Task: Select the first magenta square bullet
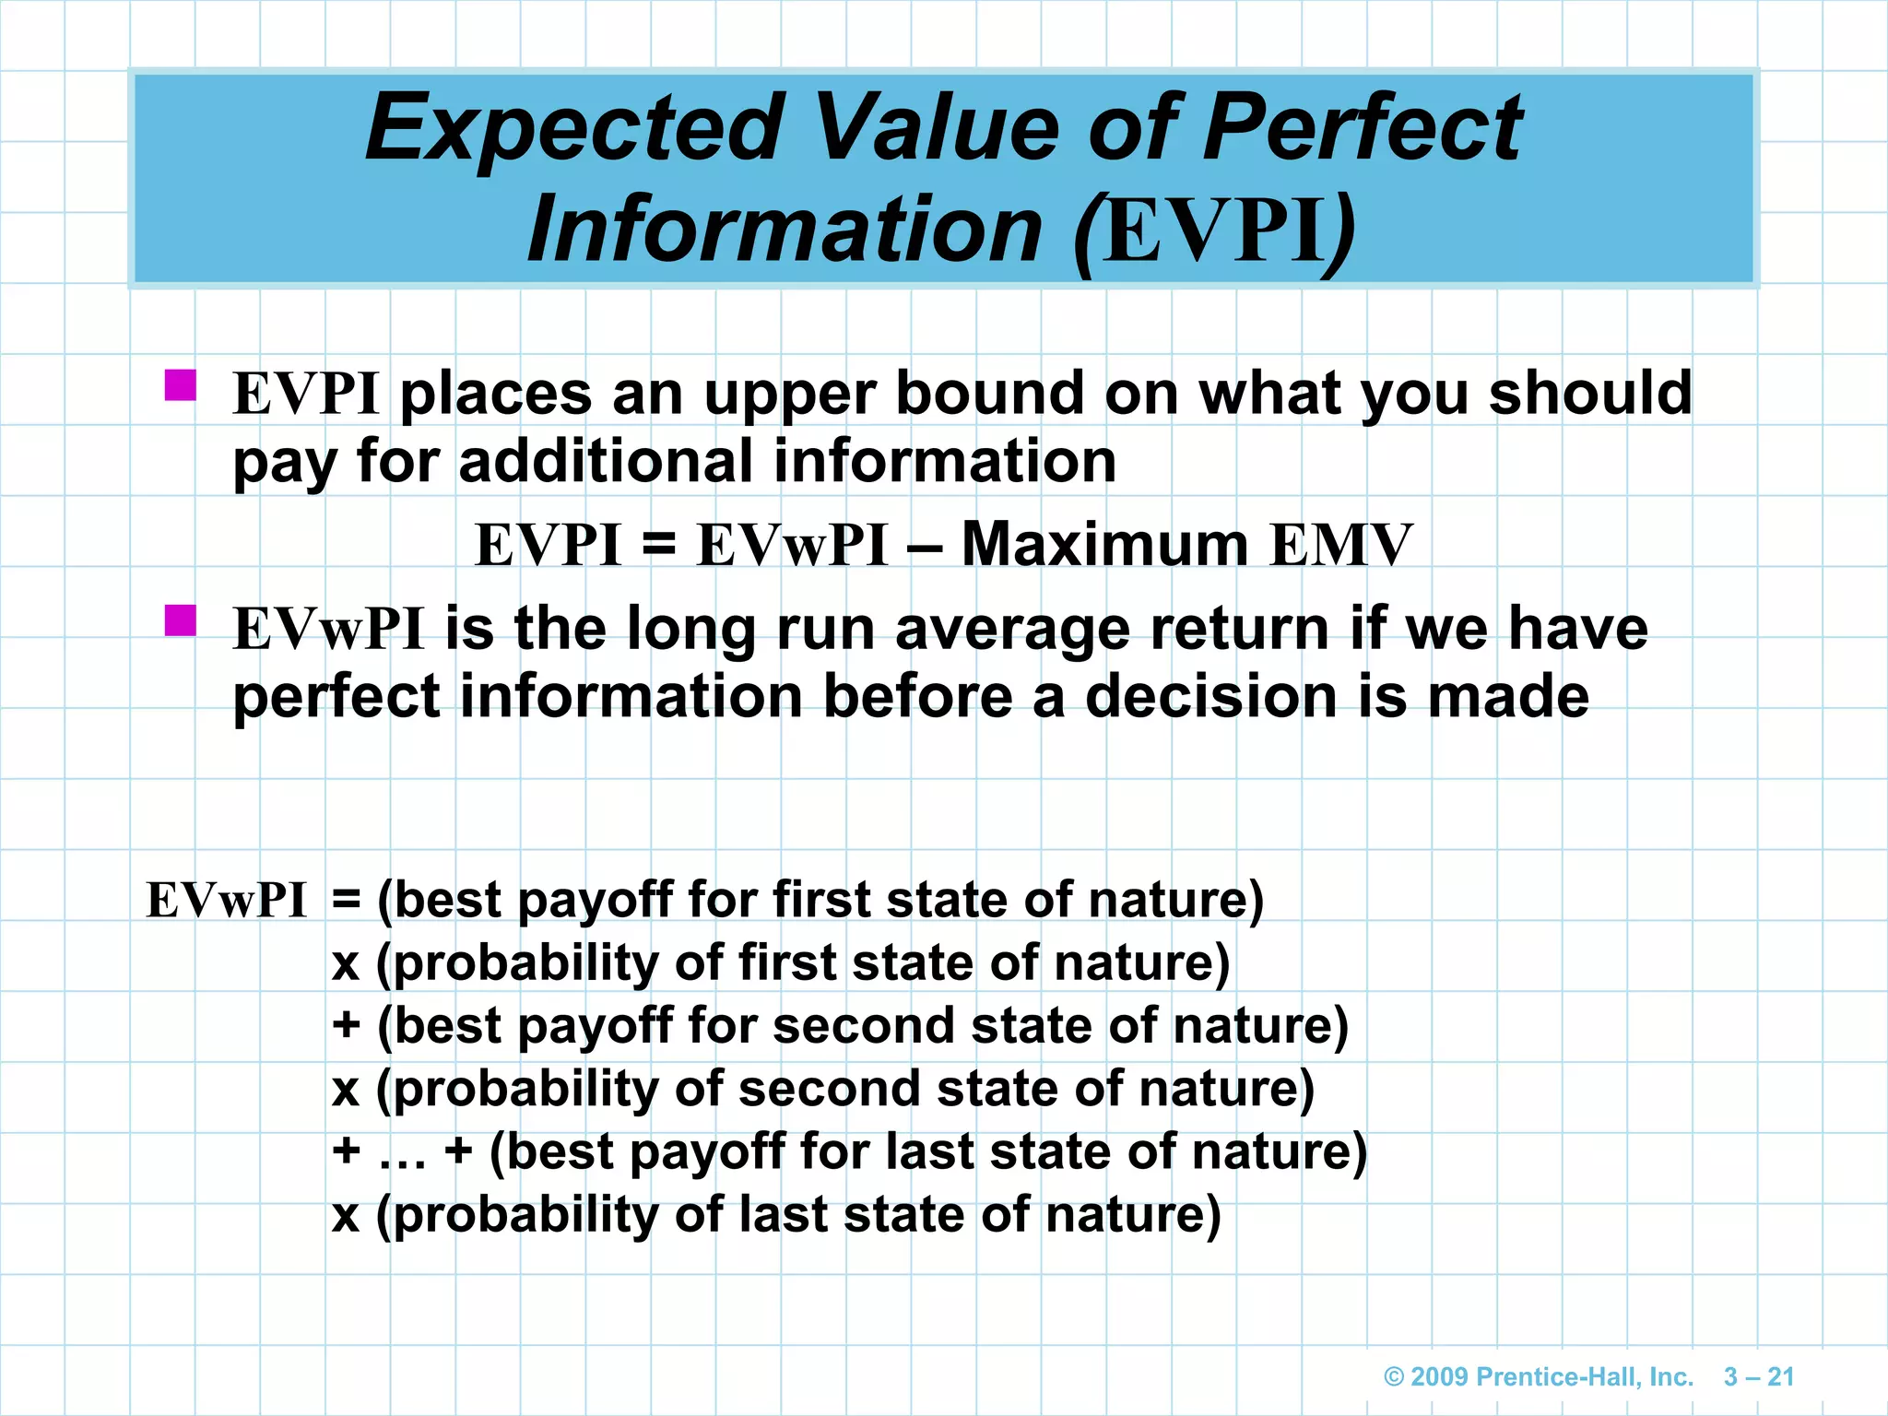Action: (181, 385)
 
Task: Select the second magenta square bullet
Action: (181, 620)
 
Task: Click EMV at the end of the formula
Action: (1340, 545)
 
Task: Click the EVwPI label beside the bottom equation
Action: (227, 901)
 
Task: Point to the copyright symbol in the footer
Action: (1394, 1377)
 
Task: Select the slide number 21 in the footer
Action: (1780, 1377)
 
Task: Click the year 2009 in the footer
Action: (1439, 1377)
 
